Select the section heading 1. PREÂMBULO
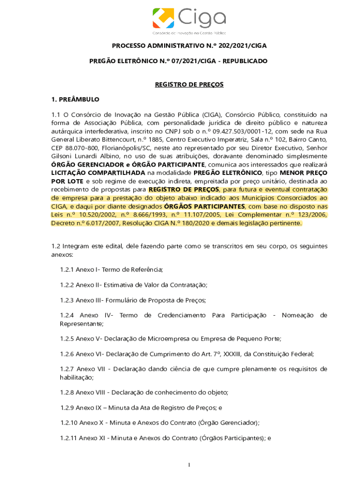pyautogui.click(x=75, y=99)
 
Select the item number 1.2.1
pyautogui.click(x=67, y=270)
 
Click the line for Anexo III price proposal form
pyautogui.click(x=133, y=300)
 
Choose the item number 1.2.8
pyautogui.click(x=67, y=392)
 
